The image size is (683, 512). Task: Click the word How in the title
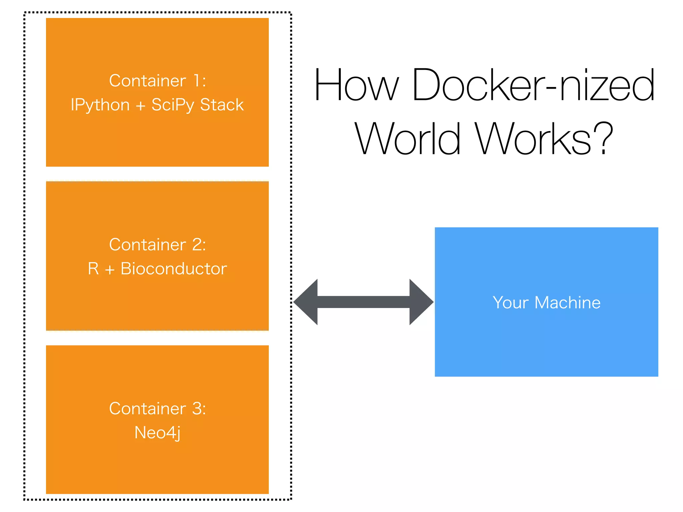[356, 85]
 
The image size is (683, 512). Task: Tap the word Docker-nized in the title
[533, 85]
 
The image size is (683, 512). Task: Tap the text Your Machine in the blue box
[546, 303]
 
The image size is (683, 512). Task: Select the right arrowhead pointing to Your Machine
[421, 302]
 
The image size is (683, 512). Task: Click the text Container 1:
[157, 81]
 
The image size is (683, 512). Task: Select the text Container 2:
[157, 245]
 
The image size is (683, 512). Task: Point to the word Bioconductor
[173, 269]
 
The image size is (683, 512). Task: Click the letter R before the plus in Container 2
[93, 269]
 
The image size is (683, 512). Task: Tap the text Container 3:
[157, 409]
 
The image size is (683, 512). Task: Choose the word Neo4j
[157, 433]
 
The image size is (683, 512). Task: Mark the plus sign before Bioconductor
[110, 270]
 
